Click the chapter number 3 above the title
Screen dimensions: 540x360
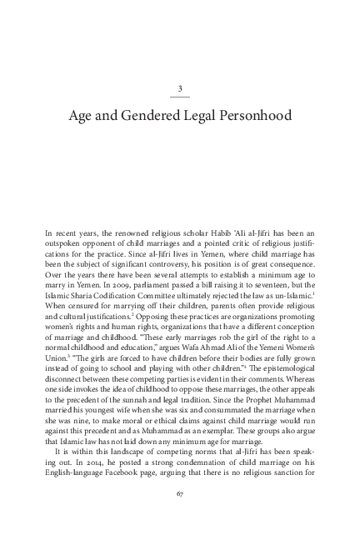tap(180, 88)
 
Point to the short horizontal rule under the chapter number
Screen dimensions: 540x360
tap(180, 97)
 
